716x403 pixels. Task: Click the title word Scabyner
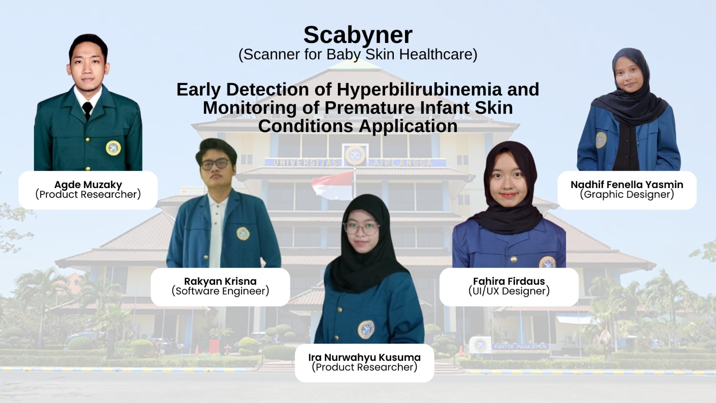tap(358, 35)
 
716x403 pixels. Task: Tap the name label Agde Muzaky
tap(88, 184)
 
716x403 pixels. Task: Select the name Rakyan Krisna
tap(220, 281)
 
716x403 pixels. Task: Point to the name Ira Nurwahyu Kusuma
tap(364, 357)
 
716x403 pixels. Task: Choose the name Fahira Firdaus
tap(509, 281)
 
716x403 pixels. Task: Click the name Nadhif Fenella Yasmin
tap(626, 184)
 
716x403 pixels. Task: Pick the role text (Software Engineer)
tap(220, 291)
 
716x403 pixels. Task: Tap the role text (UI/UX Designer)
tap(509, 291)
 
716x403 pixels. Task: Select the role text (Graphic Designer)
tap(626, 194)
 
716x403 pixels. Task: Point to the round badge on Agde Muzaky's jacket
tap(113, 148)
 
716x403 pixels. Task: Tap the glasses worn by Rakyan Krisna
tap(215, 164)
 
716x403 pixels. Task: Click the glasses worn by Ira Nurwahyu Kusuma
tap(362, 228)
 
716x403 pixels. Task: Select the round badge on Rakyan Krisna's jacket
tap(243, 233)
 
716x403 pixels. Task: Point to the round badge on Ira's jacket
tap(366, 330)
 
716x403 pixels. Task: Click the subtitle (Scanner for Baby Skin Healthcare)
tap(358, 55)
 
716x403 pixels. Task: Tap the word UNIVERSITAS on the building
tap(306, 163)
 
